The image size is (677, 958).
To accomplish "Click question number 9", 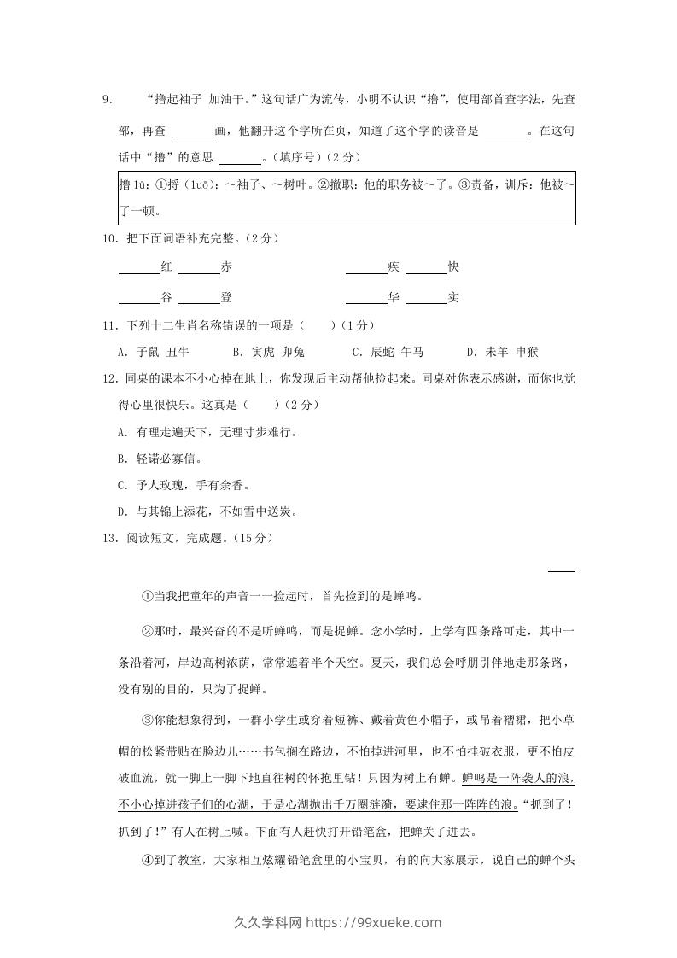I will click(x=107, y=101).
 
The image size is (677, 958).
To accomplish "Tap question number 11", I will click(x=108, y=325).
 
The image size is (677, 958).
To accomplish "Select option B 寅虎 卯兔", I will click(x=268, y=352).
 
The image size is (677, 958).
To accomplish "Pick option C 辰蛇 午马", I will click(x=388, y=352).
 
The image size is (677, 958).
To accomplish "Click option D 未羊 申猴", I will click(x=502, y=352).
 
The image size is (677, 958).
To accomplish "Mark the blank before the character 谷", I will click(x=139, y=299).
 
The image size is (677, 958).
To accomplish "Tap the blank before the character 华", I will click(x=366, y=299).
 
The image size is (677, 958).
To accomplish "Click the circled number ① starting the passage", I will click(x=147, y=596).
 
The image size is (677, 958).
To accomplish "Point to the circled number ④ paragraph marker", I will click(x=147, y=860).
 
